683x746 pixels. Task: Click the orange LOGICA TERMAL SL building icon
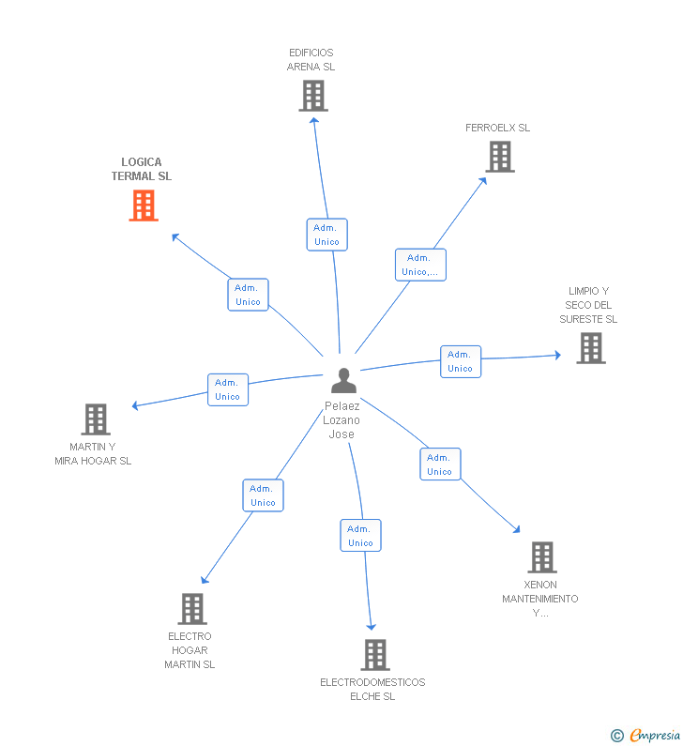point(144,206)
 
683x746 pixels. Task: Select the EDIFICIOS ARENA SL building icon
point(313,96)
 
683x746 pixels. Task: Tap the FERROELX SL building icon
point(500,157)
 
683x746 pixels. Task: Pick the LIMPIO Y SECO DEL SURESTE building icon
point(590,348)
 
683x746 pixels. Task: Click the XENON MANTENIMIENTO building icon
point(541,557)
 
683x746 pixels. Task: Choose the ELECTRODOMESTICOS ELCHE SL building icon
point(374,655)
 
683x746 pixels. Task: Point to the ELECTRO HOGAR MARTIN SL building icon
point(191,609)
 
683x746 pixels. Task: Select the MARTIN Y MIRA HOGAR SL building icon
point(95,419)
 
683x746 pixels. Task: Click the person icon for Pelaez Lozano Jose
point(343,381)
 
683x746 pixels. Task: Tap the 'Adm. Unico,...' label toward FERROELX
point(420,265)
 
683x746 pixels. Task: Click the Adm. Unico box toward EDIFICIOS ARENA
point(326,235)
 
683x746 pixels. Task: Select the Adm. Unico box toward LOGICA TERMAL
point(248,295)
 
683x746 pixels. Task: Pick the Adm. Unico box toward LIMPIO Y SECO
point(460,361)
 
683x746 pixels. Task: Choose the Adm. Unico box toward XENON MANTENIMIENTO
point(439,464)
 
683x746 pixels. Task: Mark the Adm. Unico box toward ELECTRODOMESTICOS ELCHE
point(360,536)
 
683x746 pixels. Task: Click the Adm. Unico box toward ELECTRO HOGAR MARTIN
point(263,495)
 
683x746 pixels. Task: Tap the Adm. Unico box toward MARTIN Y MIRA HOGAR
point(227,389)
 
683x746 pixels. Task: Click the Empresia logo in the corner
point(647,735)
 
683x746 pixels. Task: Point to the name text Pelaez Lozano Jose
point(342,420)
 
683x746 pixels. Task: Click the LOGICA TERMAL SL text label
point(142,169)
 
